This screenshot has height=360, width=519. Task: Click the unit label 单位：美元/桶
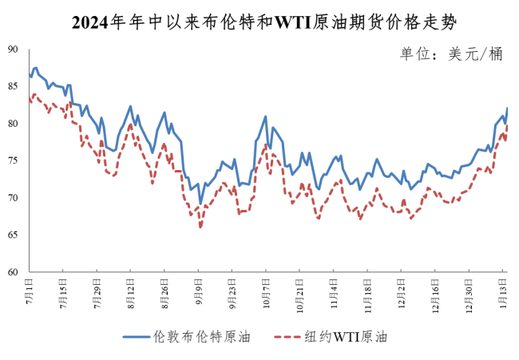(451, 54)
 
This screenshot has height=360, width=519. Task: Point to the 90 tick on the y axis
(13, 49)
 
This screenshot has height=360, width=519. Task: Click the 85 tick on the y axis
(13, 86)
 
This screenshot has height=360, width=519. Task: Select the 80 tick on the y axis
(13, 124)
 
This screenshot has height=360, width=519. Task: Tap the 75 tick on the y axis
(13, 160)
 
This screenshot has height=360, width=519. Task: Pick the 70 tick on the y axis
(13, 198)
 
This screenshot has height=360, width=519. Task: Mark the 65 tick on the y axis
(13, 235)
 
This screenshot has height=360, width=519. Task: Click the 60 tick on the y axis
(13, 272)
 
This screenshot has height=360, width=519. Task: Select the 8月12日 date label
(130, 291)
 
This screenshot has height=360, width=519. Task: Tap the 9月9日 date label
(199, 289)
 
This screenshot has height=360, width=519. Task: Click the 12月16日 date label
(434, 292)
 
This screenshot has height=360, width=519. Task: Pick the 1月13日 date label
(502, 291)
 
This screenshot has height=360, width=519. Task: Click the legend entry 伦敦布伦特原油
(188, 338)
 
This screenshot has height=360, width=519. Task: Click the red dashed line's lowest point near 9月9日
(200, 227)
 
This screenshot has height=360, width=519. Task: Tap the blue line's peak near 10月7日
(265, 117)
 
